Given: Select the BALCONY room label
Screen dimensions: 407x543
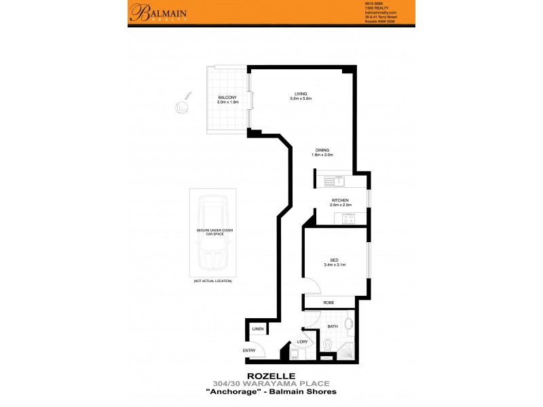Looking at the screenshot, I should click(x=227, y=98).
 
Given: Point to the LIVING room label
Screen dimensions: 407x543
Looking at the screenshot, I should click(x=301, y=94).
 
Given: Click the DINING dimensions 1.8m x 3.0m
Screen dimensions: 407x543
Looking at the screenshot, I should click(x=323, y=155).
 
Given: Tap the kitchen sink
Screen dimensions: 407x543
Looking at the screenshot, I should click(x=335, y=181).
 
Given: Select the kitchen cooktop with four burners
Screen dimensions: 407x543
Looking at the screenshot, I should click(x=351, y=218).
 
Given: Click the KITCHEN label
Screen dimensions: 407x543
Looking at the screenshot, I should click(x=340, y=201).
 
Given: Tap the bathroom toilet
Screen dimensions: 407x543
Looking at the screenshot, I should click(x=326, y=347).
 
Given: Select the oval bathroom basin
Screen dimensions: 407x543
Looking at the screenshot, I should click(x=349, y=324).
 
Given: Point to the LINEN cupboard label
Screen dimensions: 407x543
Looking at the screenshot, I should click(x=258, y=329).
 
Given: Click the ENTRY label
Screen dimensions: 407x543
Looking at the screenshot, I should click(x=250, y=350).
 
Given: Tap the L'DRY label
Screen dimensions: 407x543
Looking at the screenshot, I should click(x=302, y=342).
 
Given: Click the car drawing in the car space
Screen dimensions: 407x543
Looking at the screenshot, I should click(x=212, y=233).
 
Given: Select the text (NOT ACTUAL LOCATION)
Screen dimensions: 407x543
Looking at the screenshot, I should click(x=212, y=281).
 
